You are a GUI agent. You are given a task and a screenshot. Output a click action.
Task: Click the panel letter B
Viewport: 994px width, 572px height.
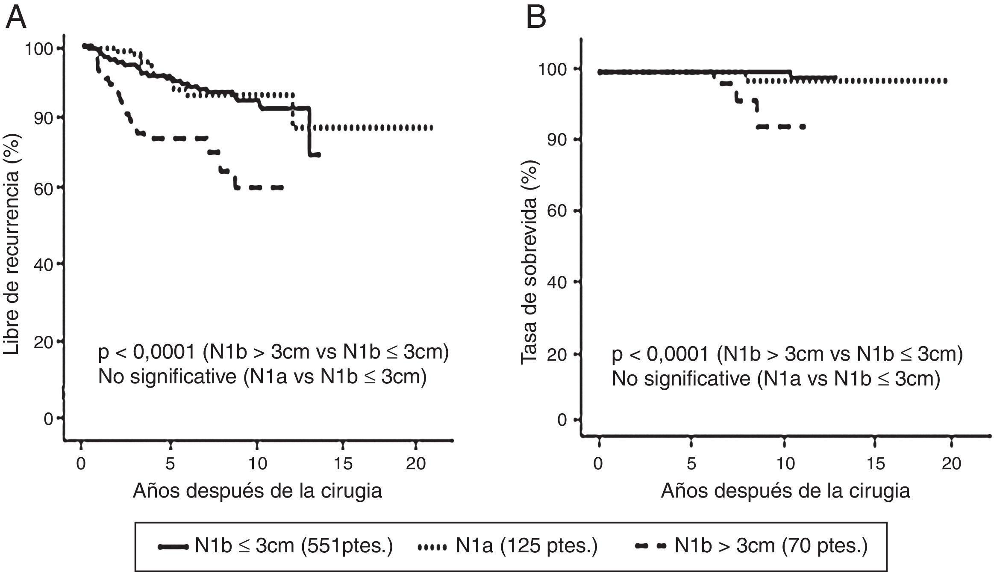tap(536, 18)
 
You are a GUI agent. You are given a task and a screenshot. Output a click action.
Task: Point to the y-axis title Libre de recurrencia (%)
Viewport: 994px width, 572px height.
tap(12, 244)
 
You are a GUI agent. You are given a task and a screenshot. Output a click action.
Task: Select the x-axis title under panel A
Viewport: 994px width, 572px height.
tap(257, 490)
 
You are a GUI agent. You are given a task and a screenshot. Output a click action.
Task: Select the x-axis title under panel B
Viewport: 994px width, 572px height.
tap(785, 491)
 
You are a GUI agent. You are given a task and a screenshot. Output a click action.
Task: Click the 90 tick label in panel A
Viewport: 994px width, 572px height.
tap(43, 119)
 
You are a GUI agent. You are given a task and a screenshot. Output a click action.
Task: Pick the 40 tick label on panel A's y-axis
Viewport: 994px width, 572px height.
tap(43, 265)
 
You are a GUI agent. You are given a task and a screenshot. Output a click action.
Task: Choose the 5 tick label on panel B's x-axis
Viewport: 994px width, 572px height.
tap(691, 464)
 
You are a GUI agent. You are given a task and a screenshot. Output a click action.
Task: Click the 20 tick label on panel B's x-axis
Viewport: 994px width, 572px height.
tap(951, 464)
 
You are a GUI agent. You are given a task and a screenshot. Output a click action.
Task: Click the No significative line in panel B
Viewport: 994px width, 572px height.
tap(776, 379)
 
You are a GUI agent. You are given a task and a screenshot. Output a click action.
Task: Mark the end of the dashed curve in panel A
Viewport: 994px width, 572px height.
tap(282, 187)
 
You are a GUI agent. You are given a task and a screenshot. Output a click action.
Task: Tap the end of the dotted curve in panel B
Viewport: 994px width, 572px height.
tap(946, 81)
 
